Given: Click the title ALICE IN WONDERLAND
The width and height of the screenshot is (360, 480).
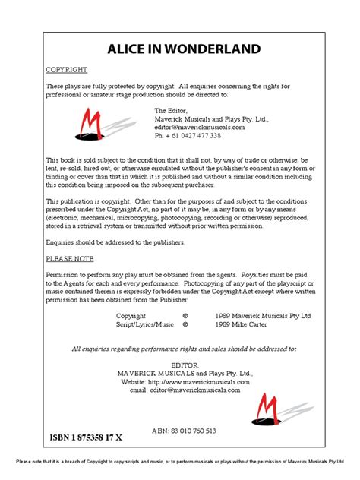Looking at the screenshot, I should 179,50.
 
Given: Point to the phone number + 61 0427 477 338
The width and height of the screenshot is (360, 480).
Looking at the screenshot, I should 188,136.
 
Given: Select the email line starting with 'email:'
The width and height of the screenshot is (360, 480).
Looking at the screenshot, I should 179,390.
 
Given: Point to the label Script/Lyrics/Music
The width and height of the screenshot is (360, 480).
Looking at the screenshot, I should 144,324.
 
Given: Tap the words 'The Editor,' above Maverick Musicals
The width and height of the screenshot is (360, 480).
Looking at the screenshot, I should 171,111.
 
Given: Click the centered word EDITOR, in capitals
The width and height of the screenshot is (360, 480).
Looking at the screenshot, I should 180,365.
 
